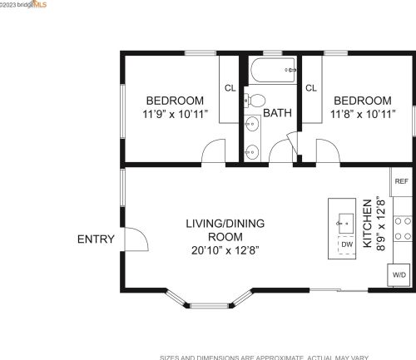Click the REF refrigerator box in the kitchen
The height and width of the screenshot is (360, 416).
401,181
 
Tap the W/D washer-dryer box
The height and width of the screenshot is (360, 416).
399,274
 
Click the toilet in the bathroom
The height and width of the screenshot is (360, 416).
251,101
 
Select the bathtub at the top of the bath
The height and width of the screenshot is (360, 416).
271,71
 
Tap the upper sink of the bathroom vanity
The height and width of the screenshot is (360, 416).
252,126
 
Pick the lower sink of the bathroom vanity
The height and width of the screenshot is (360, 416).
252,151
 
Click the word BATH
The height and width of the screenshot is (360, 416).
277,113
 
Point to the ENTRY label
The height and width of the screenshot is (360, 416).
96,239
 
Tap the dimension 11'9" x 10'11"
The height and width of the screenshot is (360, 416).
176,113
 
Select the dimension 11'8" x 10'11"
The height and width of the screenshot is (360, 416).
363,113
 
